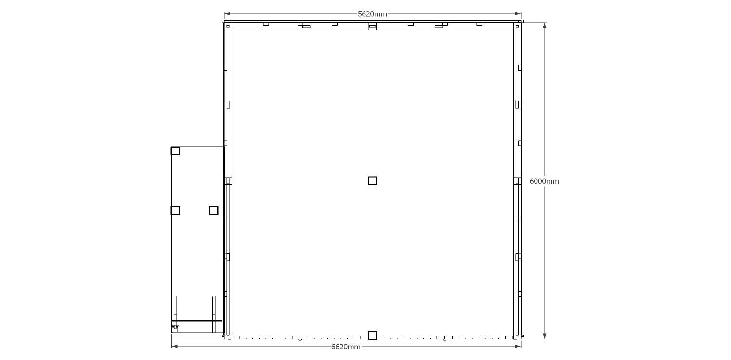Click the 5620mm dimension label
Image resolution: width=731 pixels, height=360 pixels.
[x=372, y=14]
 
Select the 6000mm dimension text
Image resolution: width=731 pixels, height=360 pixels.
[x=544, y=181]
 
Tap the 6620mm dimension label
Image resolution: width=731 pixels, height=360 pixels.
[x=346, y=347]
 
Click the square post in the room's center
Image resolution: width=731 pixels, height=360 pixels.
[x=372, y=180]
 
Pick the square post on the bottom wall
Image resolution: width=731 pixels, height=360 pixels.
[x=372, y=335]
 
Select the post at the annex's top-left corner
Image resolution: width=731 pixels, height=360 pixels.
[x=175, y=151]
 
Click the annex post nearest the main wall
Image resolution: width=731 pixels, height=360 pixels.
[x=214, y=211]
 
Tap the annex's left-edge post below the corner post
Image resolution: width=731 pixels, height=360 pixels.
[x=175, y=211]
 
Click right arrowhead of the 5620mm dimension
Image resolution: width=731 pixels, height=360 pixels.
[x=518, y=13]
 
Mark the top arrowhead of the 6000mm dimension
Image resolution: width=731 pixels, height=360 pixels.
[x=544, y=26]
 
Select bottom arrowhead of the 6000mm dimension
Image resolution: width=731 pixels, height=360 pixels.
[x=544, y=336]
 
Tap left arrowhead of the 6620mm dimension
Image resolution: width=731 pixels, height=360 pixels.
[x=175, y=347]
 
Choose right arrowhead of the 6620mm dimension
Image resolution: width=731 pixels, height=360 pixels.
[x=518, y=347]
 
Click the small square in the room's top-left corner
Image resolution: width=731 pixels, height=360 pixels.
[x=228, y=26]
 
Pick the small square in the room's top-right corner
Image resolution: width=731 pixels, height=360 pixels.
[x=517, y=26]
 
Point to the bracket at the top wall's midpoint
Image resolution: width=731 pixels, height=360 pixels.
[x=372, y=26]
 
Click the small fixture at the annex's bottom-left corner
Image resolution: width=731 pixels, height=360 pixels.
[x=175, y=329]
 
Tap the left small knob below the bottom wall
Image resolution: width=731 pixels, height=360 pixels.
[x=300, y=339]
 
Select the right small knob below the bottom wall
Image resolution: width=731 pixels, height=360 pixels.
[x=444, y=339]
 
